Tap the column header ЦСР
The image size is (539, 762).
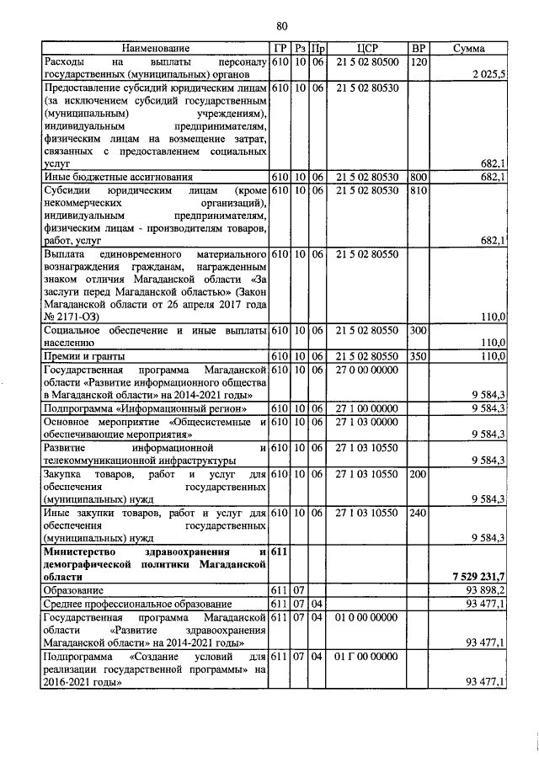(366, 49)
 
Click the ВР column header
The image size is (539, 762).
(417, 49)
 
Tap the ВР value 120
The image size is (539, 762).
(417, 62)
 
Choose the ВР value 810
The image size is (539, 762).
(417, 191)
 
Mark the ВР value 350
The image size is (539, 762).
(417, 356)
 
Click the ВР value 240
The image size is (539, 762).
(417, 511)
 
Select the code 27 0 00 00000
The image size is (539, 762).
(366, 370)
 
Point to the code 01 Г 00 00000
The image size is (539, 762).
(366, 655)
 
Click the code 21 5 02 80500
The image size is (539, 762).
(366, 62)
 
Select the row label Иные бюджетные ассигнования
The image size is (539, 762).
(118, 178)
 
